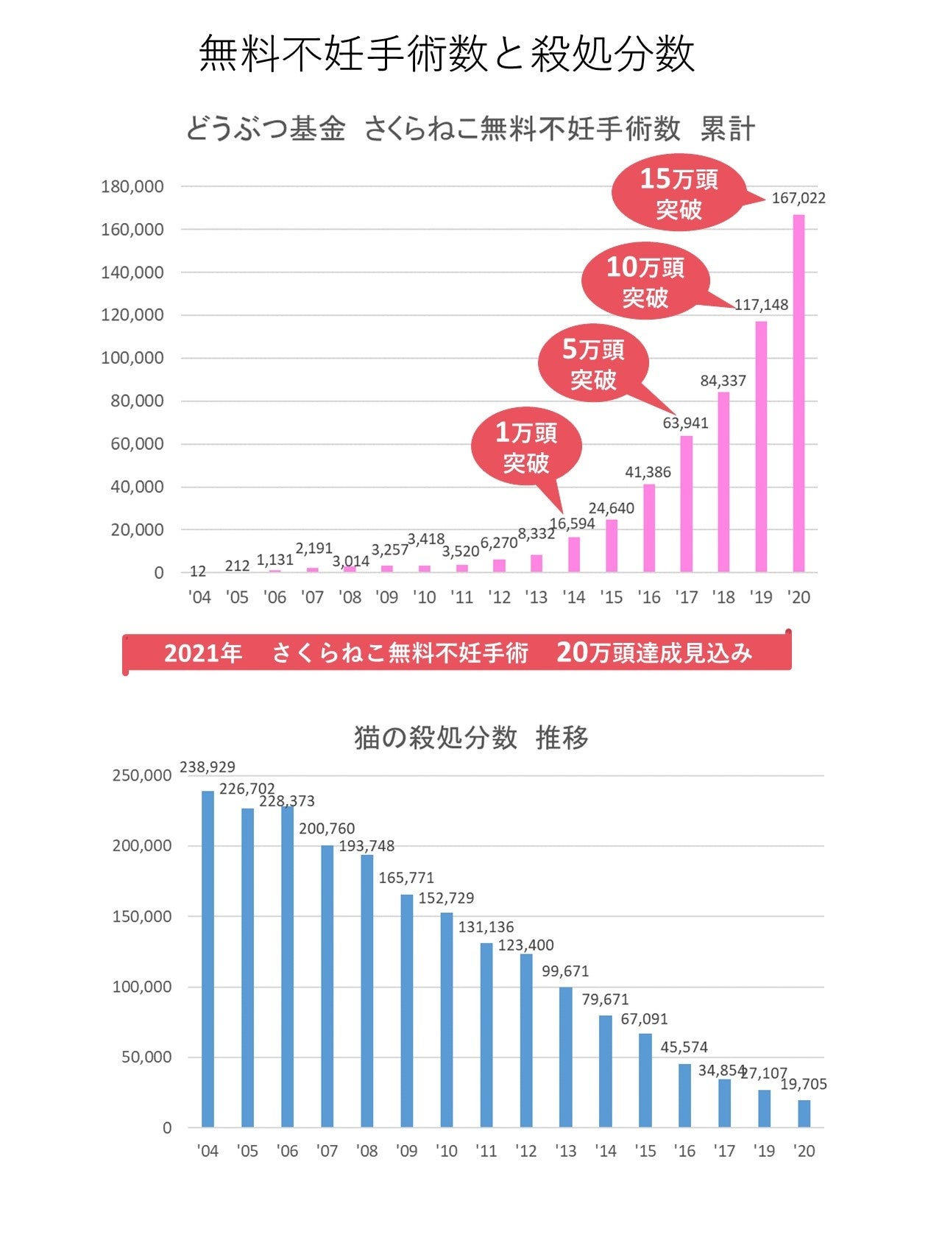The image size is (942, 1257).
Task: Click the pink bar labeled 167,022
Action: [798, 393]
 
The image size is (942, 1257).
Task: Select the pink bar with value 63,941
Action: [686, 504]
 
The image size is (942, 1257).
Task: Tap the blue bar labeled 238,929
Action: [208, 959]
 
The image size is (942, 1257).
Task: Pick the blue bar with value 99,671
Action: [565, 1057]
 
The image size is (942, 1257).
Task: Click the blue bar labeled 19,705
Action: [804, 1113]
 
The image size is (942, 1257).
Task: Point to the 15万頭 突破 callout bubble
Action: [679, 194]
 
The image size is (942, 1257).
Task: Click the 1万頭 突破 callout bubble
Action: [526, 447]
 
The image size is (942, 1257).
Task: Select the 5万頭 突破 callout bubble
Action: [593, 364]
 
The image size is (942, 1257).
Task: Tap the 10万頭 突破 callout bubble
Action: [645, 281]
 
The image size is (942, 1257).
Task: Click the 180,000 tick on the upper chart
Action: [132, 187]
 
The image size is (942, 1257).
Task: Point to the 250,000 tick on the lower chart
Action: [141, 775]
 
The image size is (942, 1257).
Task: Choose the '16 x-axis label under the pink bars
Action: [648, 597]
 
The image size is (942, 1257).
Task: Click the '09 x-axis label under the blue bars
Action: [406, 1151]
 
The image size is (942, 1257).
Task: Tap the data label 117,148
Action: [761, 305]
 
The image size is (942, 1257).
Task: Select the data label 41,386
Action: [648, 472]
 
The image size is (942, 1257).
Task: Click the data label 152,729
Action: [446, 898]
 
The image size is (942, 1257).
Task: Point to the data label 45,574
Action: [684, 1047]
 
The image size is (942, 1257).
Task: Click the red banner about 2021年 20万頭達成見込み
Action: [457, 652]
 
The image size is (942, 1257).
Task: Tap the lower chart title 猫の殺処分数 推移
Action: [471, 737]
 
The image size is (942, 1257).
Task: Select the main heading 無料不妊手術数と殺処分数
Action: [447, 54]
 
